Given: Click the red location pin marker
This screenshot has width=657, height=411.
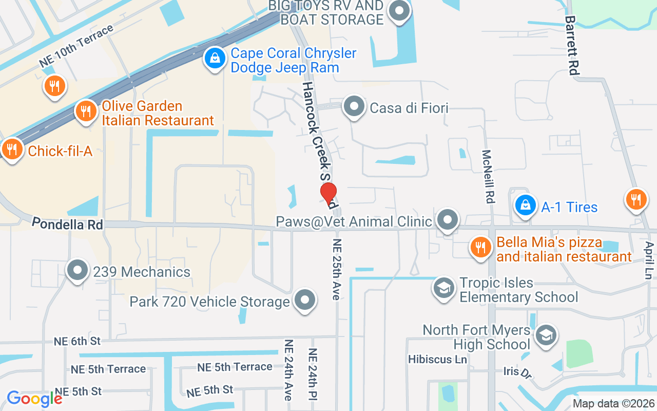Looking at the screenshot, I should [x=328, y=194].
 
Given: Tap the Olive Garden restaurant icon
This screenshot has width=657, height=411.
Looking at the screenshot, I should [x=86, y=111].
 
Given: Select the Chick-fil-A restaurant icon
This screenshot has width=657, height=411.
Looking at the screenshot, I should [x=11, y=150].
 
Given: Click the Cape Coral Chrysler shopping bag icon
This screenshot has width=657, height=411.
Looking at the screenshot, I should [x=215, y=58].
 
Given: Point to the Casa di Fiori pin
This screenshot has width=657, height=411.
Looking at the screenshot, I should [x=354, y=107].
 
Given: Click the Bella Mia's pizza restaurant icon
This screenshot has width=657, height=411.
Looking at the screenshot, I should [x=480, y=248].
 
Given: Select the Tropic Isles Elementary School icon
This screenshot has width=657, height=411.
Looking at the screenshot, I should [x=443, y=288].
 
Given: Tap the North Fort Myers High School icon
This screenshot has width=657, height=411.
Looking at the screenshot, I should [x=545, y=335].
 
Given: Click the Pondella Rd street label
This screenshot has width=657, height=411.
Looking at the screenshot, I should [x=67, y=224].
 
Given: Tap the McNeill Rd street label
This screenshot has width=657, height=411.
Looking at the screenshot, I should [x=488, y=176].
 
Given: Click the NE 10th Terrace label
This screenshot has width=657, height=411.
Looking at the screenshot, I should [x=76, y=46].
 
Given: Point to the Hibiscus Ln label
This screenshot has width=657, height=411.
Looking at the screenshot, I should [x=437, y=359].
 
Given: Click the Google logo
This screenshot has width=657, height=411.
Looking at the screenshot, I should [x=34, y=399].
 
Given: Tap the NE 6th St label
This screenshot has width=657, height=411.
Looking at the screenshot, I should [x=78, y=341].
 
